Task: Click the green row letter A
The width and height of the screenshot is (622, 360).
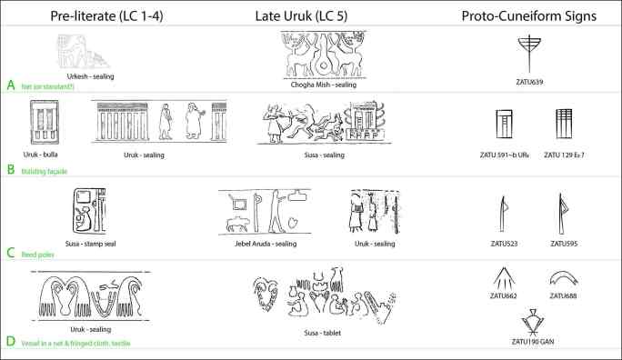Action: point(11,85)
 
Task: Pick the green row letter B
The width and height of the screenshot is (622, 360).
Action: point(11,168)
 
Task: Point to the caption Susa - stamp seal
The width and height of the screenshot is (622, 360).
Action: point(91,244)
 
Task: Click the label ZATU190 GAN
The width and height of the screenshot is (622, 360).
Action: point(527,345)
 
